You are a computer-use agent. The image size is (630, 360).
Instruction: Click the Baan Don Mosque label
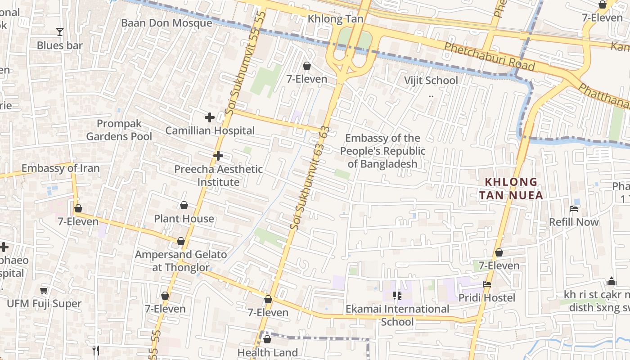click(166, 23)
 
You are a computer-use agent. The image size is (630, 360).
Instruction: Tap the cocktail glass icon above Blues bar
click(59, 32)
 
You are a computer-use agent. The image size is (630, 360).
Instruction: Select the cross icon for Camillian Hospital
click(209, 117)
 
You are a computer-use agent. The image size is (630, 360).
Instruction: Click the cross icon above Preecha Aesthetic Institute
click(218, 156)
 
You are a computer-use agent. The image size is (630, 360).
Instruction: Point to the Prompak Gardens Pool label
click(119, 130)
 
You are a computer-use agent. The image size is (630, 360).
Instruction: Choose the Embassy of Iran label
click(61, 168)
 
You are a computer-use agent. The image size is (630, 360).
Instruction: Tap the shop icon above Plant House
click(184, 206)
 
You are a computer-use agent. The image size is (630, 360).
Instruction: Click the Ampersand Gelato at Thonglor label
click(181, 261)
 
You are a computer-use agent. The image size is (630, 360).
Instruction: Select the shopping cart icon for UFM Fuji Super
click(44, 290)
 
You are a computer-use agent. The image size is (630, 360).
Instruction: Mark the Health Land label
click(267, 352)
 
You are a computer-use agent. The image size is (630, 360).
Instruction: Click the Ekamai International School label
click(397, 315)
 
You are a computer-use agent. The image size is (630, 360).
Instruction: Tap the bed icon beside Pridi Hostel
click(487, 284)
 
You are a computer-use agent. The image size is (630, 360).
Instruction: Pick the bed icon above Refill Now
click(574, 208)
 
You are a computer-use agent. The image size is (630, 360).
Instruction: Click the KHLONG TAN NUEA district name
click(511, 189)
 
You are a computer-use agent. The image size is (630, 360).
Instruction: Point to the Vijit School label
click(431, 81)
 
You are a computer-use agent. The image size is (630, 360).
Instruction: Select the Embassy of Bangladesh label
click(382, 151)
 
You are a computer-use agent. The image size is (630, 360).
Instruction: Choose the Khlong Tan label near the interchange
click(335, 19)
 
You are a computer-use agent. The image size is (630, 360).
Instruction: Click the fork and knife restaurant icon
click(95, 350)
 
